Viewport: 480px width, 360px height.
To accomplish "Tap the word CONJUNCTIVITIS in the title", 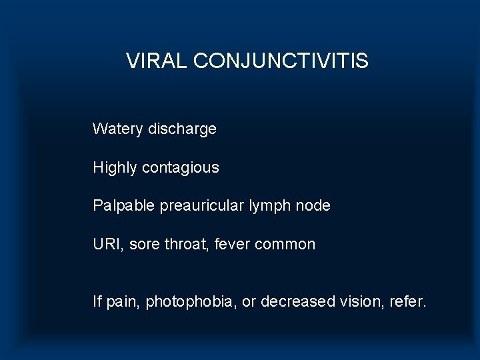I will pyautogui.click(x=280, y=61).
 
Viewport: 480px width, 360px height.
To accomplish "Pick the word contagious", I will pyautogui.click(x=181, y=167).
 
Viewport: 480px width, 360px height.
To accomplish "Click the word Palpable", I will pyautogui.click(x=123, y=205).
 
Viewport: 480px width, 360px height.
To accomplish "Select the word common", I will pyautogui.click(x=287, y=245).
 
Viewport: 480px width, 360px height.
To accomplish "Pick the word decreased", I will pyautogui.click(x=297, y=302).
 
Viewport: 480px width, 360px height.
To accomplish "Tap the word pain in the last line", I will pyautogui.click(x=121, y=303).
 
